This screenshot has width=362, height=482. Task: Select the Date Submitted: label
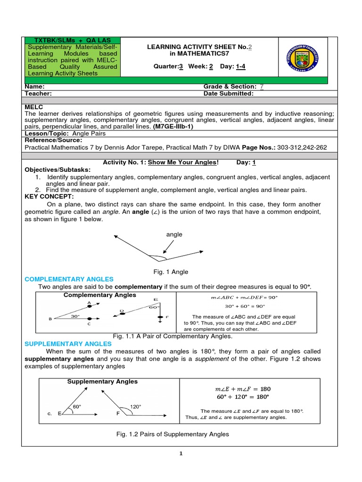click(228, 93)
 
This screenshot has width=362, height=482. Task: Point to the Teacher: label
click(38, 93)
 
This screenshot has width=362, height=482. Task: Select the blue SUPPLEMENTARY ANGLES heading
click(68, 344)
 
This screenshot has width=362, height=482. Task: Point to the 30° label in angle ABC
click(75, 316)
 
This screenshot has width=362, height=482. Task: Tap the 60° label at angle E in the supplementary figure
click(77, 406)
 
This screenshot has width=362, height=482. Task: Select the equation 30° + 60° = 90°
click(245, 305)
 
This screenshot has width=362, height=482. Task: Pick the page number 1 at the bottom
click(181, 453)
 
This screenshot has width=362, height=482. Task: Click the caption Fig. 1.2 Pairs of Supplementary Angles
click(173, 434)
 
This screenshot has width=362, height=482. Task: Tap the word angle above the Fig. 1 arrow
click(174, 234)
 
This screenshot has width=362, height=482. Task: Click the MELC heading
click(33, 107)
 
